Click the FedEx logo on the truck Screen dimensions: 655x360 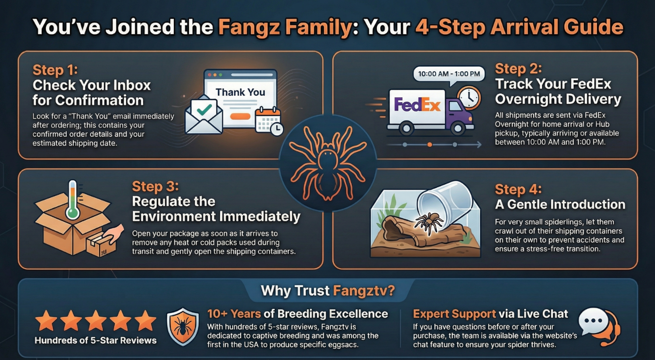coord(417,105)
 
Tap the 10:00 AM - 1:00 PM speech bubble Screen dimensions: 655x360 coord(449,74)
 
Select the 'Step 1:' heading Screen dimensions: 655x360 coord(55,70)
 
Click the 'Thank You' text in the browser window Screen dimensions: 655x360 coord(240,92)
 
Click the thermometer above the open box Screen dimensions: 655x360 coord(72,200)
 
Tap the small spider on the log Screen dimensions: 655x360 coord(429,223)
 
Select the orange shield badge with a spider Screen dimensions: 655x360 coord(183,326)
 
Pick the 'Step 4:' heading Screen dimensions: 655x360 coord(518,189)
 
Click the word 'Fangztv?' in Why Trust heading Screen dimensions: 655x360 coord(364,291)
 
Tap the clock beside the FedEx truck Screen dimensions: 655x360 coord(469,98)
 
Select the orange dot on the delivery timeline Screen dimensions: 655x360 coord(430,145)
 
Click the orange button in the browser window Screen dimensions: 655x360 coord(240,116)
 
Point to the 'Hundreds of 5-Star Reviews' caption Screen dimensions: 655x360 coord(96,340)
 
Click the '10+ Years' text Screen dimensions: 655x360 coord(234,314)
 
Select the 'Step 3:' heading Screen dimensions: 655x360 coord(155,187)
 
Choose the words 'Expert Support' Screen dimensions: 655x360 coord(455,314)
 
